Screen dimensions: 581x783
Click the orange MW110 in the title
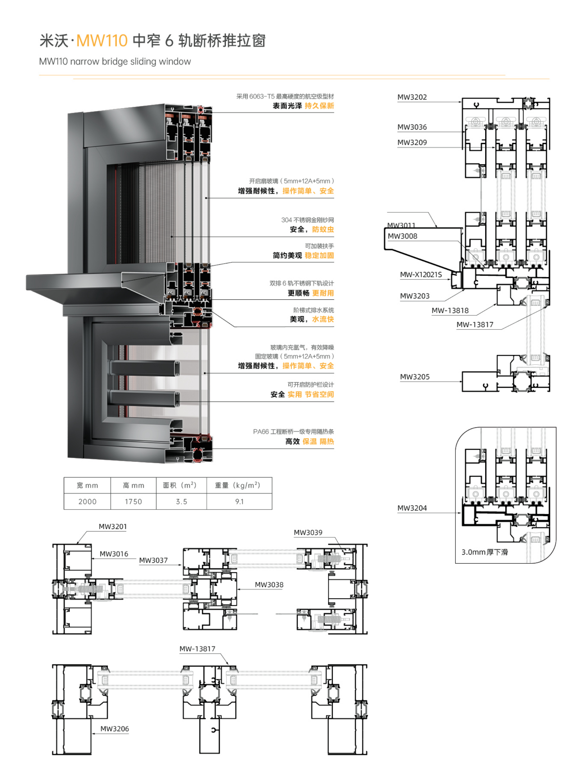[x=102, y=40]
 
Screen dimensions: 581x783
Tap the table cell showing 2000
[x=87, y=501]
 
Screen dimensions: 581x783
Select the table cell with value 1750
[x=133, y=501]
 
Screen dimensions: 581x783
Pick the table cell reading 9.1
[x=239, y=501]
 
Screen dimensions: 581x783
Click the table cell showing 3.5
[x=182, y=501]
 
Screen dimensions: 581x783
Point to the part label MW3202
[x=412, y=97]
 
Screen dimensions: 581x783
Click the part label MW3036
[x=412, y=127]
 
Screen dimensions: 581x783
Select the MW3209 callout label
[x=412, y=142]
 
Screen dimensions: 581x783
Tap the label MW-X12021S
[x=421, y=275]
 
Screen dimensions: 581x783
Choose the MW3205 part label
[x=414, y=377]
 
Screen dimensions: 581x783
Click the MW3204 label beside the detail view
[x=412, y=508]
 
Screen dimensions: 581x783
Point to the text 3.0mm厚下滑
[x=485, y=552]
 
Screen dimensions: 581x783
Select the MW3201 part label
[x=113, y=526]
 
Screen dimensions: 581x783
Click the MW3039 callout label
[x=308, y=532]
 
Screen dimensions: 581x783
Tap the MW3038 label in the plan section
[x=269, y=585]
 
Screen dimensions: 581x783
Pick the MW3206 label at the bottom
[x=115, y=729]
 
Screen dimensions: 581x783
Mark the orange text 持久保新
[x=319, y=106]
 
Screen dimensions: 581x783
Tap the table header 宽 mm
[x=87, y=485]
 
